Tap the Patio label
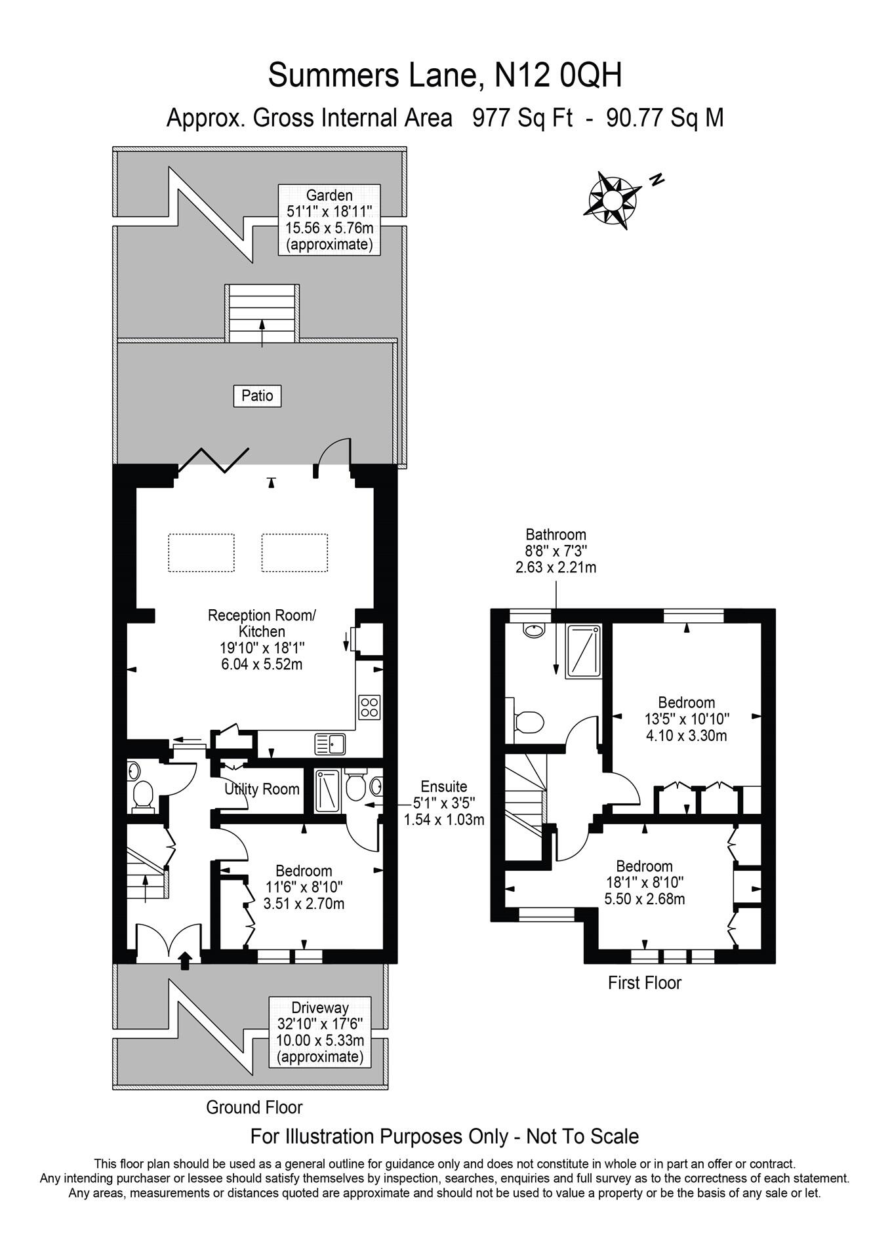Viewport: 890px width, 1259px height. pos(257,396)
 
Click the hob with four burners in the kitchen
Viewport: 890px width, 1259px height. pos(369,707)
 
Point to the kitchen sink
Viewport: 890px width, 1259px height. pos(330,744)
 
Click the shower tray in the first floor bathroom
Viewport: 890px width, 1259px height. pos(584,650)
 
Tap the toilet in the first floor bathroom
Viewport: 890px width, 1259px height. pos(528,722)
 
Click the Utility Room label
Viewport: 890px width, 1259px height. pos(262,789)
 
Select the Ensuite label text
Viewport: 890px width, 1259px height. pos(444,786)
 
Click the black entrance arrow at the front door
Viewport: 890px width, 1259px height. pos(186,960)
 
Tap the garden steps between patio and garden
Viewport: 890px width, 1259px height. pos(262,313)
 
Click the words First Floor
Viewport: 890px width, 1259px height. pos(645,983)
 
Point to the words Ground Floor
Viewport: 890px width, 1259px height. pos(254,1108)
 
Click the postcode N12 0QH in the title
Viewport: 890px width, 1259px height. pos(557,75)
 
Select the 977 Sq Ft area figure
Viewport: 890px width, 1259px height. pos(523,118)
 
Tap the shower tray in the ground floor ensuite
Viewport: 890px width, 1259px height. pos(327,791)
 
